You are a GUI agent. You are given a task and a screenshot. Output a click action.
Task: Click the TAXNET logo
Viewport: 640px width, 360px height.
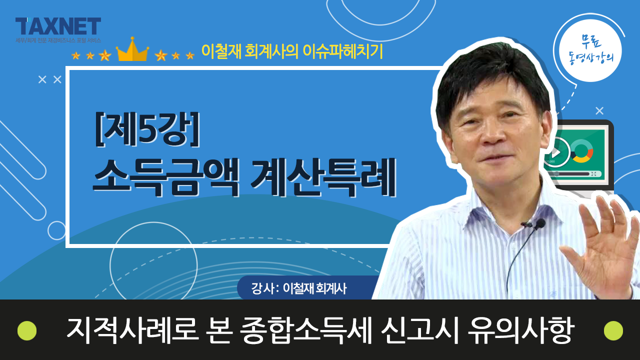(58, 26)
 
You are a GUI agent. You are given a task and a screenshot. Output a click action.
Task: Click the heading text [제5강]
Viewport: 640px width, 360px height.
(147, 129)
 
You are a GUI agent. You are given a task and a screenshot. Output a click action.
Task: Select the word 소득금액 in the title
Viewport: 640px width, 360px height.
(166, 177)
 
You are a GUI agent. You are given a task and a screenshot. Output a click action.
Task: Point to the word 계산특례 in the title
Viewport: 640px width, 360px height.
(323, 177)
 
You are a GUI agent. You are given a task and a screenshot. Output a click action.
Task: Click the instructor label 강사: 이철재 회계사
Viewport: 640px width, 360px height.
(299, 288)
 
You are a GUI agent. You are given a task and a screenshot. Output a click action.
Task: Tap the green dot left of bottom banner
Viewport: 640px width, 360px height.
(27, 330)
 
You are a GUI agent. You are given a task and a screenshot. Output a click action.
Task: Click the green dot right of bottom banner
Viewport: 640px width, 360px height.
(613, 330)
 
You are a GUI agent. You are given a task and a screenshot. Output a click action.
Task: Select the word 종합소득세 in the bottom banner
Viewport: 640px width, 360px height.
(305, 330)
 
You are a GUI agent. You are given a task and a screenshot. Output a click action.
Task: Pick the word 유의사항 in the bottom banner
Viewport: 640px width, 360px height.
(521, 330)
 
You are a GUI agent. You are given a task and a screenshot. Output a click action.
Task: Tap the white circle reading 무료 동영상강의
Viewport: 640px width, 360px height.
(590, 50)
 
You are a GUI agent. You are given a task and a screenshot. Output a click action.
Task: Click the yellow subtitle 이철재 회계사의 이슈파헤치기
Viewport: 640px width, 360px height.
(292, 51)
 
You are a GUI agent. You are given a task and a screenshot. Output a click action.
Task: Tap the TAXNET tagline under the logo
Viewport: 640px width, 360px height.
(58, 40)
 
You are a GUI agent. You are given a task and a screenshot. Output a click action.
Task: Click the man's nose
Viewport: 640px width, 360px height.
(492, 134)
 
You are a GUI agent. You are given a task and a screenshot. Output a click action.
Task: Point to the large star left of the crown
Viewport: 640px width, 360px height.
(105, 55)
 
